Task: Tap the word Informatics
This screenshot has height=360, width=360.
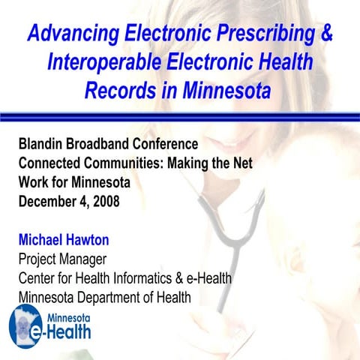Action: (x=150, y=278)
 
